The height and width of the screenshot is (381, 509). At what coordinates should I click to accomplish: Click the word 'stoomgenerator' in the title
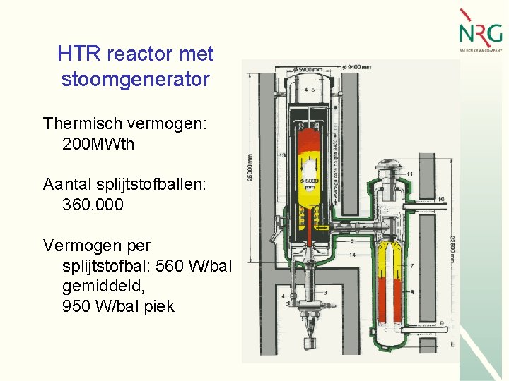pyautogui.click(x=136, y=79)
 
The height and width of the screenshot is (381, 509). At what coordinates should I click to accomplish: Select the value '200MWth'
pyautogui.click(x=98, y=145)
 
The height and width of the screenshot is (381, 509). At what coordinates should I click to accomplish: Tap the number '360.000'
pyautogui.click(x=93, y=205)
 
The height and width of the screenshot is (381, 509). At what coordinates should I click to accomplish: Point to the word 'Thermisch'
pyautogui.click(x=77, y=123)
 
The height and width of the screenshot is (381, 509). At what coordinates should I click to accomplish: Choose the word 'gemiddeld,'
pyautogui.click(x=103, y=286)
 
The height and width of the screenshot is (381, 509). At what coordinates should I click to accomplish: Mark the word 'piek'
pyautogui.click(x=160, y=306)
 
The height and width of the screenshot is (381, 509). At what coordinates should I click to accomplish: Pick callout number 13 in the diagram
pyautogui.click(x=282, y=155)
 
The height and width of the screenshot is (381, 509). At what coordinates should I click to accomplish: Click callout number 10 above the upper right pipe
pyautogui.click(x=440, y=200)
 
